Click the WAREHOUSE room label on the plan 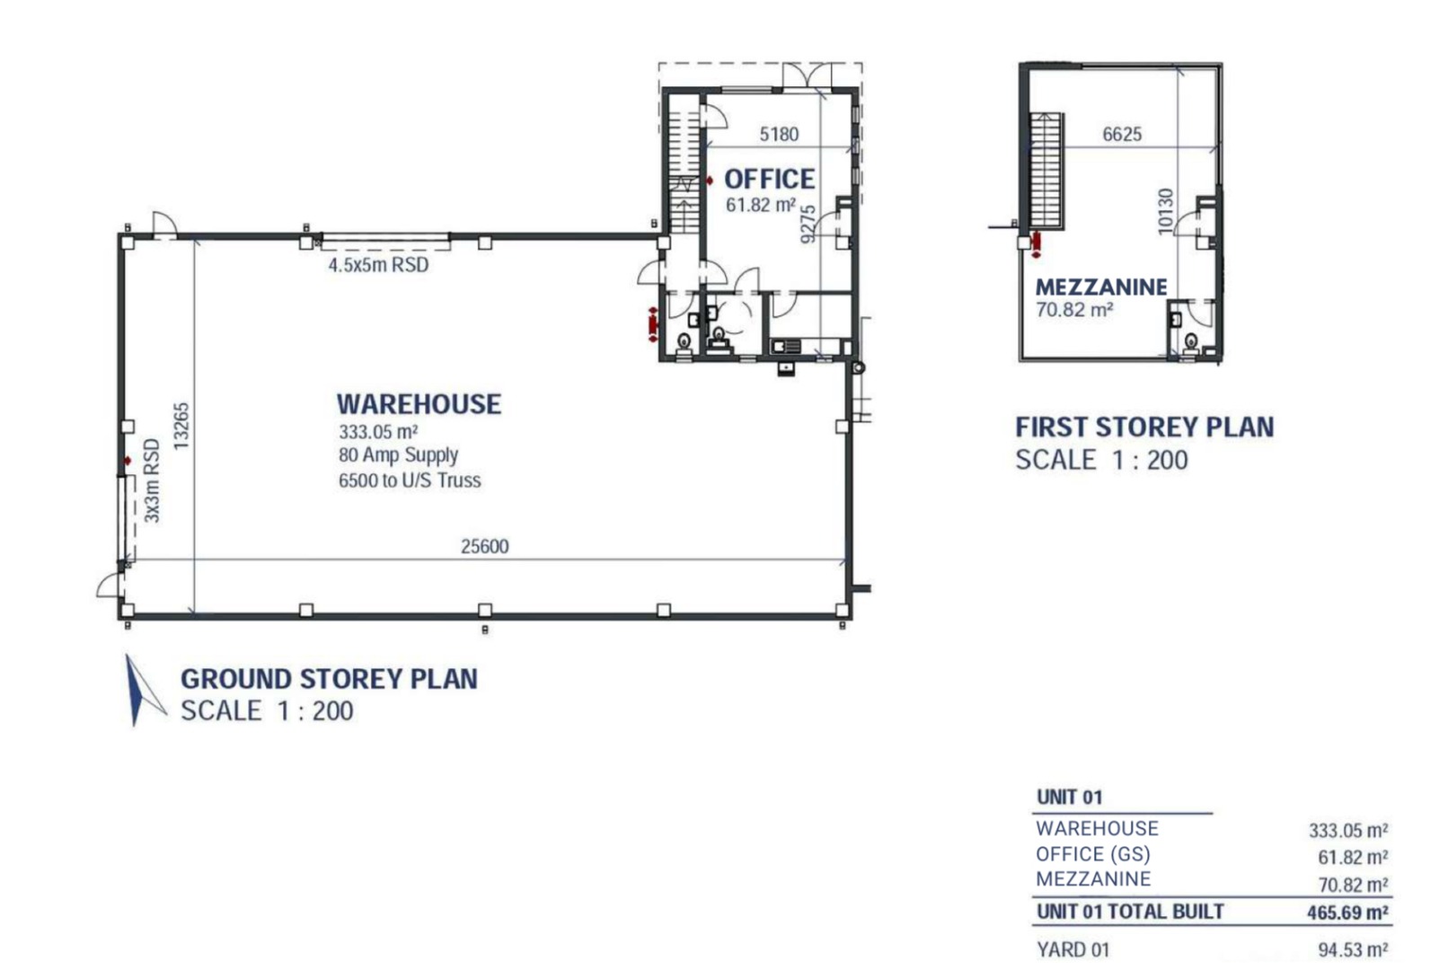click(x=419, y=404)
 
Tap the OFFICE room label click(x=769, y=179)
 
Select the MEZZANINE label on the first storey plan click(x=1101, y=287)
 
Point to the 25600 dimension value click(x=485, y=547)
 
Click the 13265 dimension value click(x=181, y=427)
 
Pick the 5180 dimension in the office click(x=779, y=135)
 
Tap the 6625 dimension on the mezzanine click(x=1122, y=135)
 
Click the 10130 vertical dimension click(x=1165, y=211)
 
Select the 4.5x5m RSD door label click(x=379, y=265)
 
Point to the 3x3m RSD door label click(x=151, y=481)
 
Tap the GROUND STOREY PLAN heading click(x=329, y=679)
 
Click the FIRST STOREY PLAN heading click(x=1144, y=428)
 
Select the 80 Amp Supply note click(x=398, y=455)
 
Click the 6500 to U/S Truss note click(x=410, y=481)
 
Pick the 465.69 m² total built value click(x=1347, y=913)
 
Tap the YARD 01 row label click(x=1073, y=950)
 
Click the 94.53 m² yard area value click(x=1353, y=950)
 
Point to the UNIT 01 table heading click(x=1069, y=798)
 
